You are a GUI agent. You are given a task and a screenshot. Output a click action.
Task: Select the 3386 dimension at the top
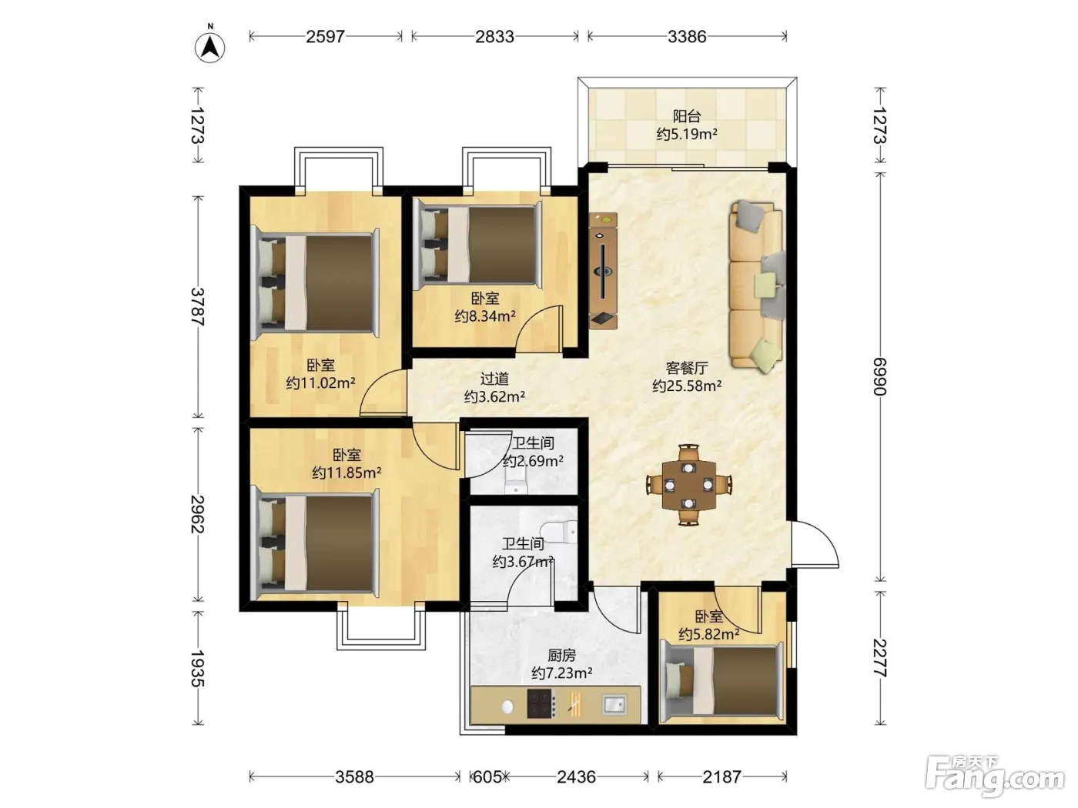click(x=687, y=36)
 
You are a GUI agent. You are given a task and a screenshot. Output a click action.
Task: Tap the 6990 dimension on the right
click(x=879, y=376)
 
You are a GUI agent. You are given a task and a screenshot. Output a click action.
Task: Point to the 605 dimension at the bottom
click(x=486, y=776)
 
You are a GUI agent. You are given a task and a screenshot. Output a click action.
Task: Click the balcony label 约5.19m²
click(x=687, y=133)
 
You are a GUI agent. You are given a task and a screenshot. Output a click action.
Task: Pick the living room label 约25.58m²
click(x=687, y=386)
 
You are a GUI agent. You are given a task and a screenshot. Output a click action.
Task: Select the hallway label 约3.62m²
click(x=494, y=396)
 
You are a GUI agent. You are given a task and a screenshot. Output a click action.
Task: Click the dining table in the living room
click(x=688, y=485)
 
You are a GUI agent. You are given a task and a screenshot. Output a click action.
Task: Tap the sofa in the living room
click(x=756, y=286)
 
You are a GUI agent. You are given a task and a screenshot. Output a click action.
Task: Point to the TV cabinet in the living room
click(x=603, y=270)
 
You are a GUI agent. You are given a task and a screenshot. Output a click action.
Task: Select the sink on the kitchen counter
click(x=614, y=704)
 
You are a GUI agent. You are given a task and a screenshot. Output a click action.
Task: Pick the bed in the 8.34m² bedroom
click(x=477, y=245)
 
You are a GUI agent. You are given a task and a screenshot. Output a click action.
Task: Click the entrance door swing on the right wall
click(x=814, y=544)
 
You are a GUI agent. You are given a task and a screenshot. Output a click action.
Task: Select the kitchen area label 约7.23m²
click(x=561, y=673)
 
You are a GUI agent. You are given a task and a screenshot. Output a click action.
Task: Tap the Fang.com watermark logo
click(x=995, y=777)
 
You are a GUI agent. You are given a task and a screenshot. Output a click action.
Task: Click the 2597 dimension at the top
click(x=325, y=36)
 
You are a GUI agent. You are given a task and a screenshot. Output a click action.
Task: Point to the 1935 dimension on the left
click(x=197, y=668)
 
